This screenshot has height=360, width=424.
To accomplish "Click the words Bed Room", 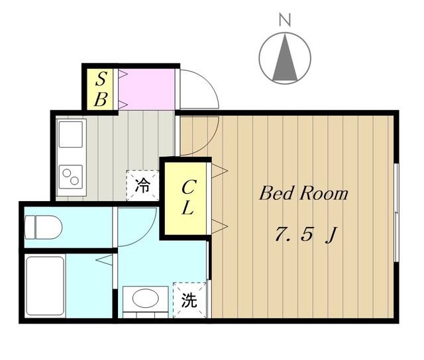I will pyautogui.click(x=303, y=194).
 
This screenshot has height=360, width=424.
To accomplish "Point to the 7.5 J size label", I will pyautogui.click(x=303, y=235).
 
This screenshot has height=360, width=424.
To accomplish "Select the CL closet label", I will pyautogui.click(x=187, y=198).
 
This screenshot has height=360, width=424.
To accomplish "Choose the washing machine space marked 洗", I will pyautogui.click(x=189, y=300).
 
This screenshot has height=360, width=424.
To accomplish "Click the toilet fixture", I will pyautogui.click(x=44, y=227).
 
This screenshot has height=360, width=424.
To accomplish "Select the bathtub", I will pyautogui.click(x=45, y=286).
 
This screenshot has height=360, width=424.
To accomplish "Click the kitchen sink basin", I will pyautogui.click(x=70, y=134).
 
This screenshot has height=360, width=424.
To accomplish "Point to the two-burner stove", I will pyautogui.click(x=70, y=176).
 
